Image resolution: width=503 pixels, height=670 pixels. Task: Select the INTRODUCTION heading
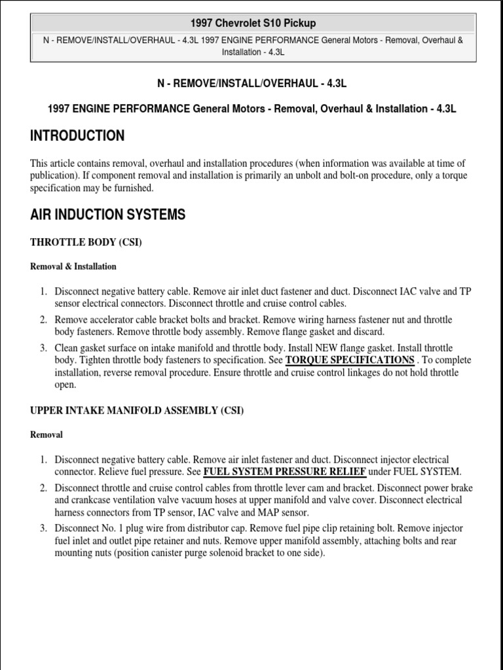[x=77, y=136]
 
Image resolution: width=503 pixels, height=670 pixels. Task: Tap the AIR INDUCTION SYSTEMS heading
[x=107, y=214]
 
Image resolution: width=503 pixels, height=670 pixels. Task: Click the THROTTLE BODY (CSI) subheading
[x=86, y=243]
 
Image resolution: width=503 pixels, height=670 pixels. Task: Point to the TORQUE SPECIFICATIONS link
[x=350, y=360]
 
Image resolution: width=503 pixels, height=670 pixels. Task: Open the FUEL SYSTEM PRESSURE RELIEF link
[x=285, y=472]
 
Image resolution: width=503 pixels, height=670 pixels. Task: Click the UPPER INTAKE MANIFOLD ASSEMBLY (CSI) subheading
[x=137, y=410]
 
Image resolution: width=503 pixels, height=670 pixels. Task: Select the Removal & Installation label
[x=73, y=267]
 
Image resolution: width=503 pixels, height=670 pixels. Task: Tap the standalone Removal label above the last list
[x=47, y=434]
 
